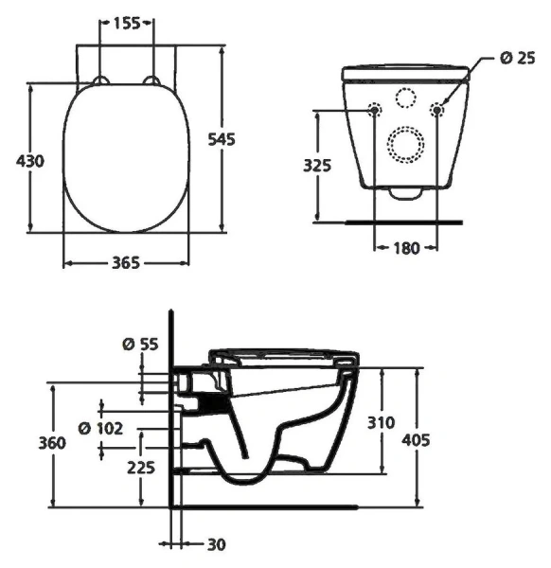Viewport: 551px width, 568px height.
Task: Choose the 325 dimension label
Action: coord(317,165)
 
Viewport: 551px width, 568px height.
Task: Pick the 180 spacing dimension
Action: coord(405,247)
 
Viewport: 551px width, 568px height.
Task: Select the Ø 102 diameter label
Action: coord(100,428)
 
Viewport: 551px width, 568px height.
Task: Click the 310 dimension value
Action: coord(382,422)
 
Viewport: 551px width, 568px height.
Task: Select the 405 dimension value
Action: coord(418,439)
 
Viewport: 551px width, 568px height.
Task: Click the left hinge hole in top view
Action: coord(99,79)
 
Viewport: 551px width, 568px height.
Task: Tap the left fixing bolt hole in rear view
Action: coord(375,110)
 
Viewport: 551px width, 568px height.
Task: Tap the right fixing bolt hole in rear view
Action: coord(437,110)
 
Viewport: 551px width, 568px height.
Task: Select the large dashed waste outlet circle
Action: coord(406,144)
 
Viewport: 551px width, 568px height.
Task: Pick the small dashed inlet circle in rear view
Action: coord(406,98)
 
